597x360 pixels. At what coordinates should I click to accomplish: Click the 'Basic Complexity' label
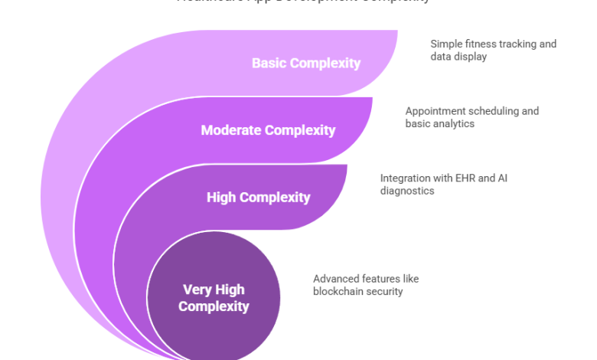click(305, 63)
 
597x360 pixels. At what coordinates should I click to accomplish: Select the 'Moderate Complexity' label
click(268, 130)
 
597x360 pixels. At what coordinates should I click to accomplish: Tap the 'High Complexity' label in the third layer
click(258, 198)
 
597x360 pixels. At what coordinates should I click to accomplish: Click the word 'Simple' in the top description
click(445, 44)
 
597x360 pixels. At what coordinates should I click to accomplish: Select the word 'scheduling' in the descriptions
click(490, 111)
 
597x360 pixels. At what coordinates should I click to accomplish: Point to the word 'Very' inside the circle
click(197, 290)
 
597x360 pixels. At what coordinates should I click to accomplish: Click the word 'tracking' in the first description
click(517, 44)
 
